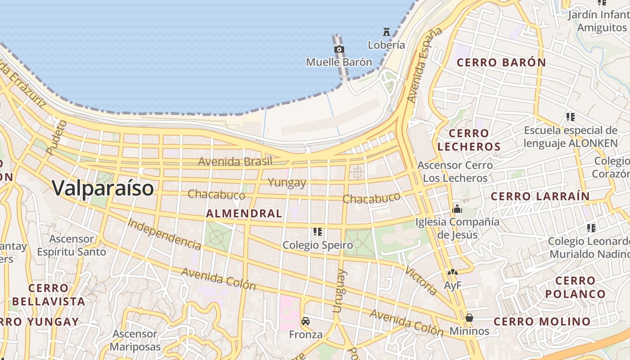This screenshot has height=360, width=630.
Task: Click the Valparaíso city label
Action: tap(103, 188)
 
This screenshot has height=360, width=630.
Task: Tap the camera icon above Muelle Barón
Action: tap(339, 49)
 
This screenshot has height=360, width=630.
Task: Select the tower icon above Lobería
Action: tap(386, 32)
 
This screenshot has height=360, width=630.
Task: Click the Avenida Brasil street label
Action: tap(235, 161)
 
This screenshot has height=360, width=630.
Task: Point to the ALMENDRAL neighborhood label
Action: tap(244, 214)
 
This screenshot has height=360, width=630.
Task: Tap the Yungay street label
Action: tap(287, 183)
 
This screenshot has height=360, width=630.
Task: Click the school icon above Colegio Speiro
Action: tap(318, 232)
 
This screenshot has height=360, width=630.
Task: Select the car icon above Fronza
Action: tap(306, 321)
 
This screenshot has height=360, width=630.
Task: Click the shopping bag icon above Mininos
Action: tap(469, 318)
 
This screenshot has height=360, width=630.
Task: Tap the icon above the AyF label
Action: tap(452, 273)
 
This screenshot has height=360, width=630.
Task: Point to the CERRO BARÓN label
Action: tap(501, 63)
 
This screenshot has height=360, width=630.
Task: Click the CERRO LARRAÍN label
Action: tap(540, 196)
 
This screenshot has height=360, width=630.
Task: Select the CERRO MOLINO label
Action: tap(542, 321)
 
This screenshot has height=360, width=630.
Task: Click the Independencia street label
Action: tap(164, 234)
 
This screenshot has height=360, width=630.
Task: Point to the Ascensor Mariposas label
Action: tap(135, 340)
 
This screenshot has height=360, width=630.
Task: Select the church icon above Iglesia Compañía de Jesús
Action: tap(457, 209)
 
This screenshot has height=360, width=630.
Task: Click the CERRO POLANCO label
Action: tap(575, 287)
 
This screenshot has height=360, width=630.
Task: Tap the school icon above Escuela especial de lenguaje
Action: tap(571, 117)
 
